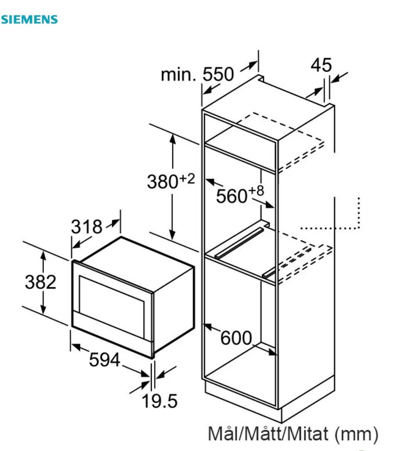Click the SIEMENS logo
pos(29,20)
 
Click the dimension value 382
pos(41,282)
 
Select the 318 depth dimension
pos(86,227)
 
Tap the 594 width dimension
pos(104,360)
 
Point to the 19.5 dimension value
pos(160,401)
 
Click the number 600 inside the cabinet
pos(236,338)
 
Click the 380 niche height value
pos(163,182)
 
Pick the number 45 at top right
pos(321,65)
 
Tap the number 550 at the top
pos(218,74)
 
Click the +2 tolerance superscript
pos(187,179)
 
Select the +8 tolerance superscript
pos(256,191)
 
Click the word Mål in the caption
pos(223,434)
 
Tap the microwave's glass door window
pos(112,306)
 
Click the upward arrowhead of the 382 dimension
pos(43,255)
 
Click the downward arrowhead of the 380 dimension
pos(172,235)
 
